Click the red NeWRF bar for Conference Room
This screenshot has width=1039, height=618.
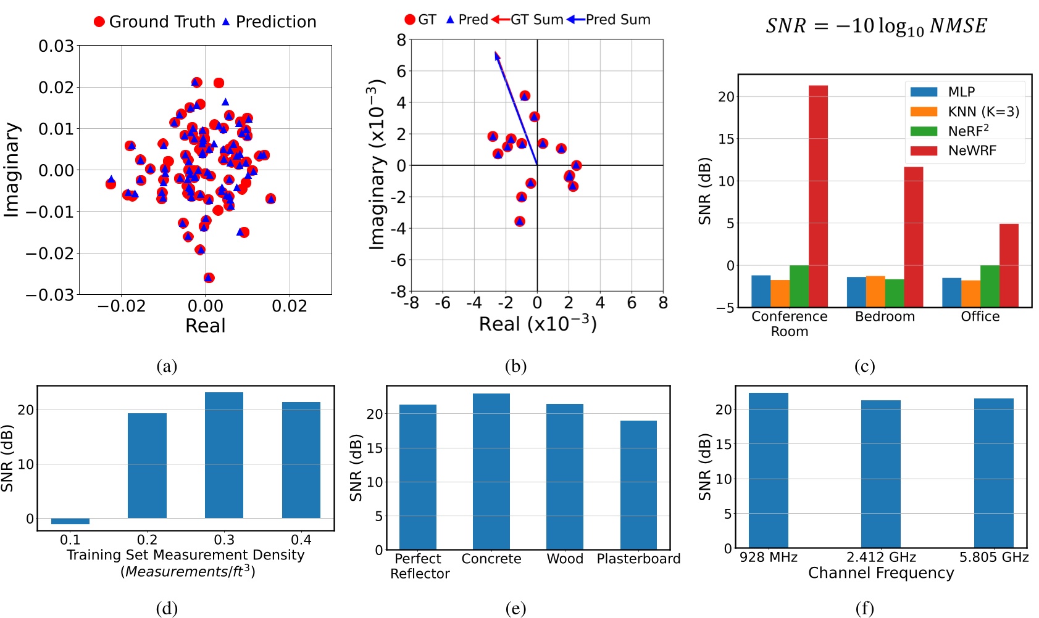pyautogui.click(x=818, y=196)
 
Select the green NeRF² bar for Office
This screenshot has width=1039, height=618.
pyautogui.click(x=990, y=286)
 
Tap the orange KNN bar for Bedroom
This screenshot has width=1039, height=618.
pyautogui.click(x=875, y=291)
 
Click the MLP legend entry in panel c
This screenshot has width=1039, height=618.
pyautogui.click(x=961, y=92)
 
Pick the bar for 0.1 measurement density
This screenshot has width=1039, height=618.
pyautogui.click(x=70, y=521)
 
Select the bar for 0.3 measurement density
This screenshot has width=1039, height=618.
pyautogui.click(x=224, y=455)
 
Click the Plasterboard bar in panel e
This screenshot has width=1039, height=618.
pyautogui.click(x=638, y=485)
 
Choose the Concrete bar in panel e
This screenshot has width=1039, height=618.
pyautogui.click(x=491, y=471)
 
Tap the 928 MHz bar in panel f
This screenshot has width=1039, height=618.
pyautogui.click(x=768, y=470)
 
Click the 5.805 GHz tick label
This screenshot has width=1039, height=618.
pyautogui.click(x=993, y=557)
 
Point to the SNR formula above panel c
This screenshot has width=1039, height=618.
pyautogui.click(x=876, y=26)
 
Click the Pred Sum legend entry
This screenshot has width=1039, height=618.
pyautogui.click(x=617, y=20)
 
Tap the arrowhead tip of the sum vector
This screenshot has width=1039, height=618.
pyautogui.click(x=496, y=53)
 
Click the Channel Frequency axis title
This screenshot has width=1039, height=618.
pyautogui.click(x=881, y=573)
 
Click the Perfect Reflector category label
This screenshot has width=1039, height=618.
pyautogui.click(x=419, y=566)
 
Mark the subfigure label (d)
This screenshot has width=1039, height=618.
pyautogui.click(x=167, y=608)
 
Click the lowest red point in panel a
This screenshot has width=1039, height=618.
pyautogui.click(x=209, y=278)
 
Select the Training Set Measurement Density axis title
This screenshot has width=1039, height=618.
pyautogui.click(x=186, y=555)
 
